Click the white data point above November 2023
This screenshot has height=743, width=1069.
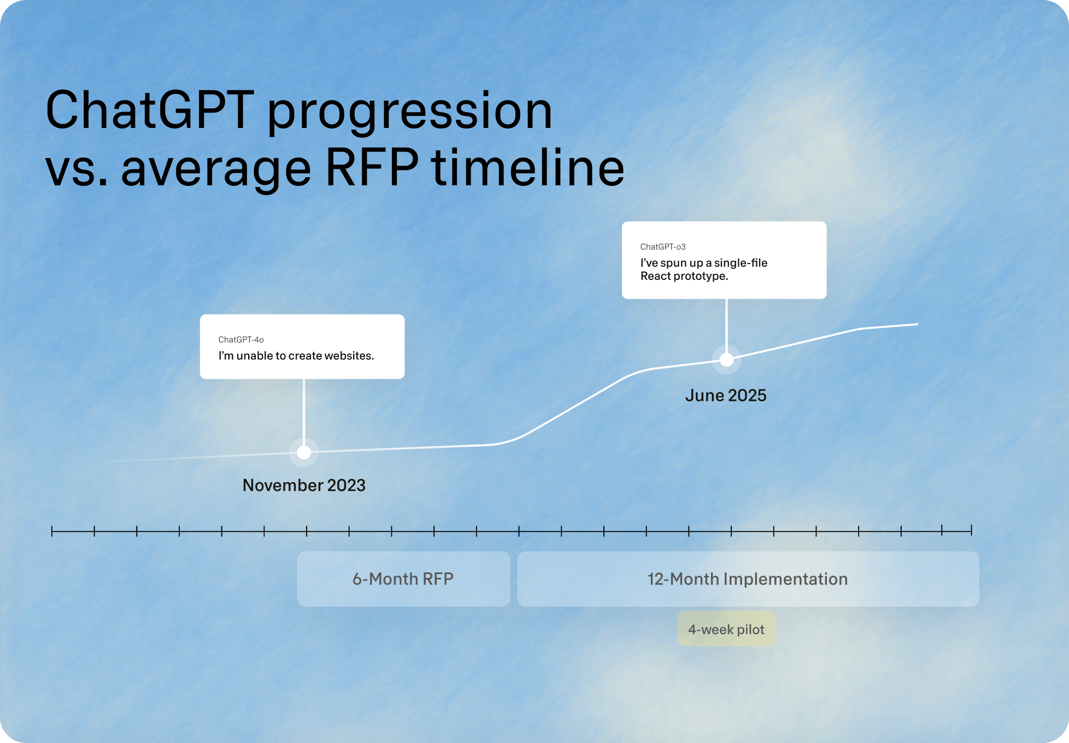304,453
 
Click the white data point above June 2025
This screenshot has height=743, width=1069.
726,360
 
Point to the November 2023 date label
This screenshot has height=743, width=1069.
304,485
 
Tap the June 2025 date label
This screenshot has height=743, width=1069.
726,395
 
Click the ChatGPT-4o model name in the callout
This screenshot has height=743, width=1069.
241,340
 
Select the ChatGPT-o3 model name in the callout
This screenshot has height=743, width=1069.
663,247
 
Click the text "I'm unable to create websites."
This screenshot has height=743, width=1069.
296,355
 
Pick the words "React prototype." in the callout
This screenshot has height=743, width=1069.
684,276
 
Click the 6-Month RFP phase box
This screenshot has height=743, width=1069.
403,578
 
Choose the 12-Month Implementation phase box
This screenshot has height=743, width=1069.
748,578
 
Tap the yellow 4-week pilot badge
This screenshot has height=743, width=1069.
726,629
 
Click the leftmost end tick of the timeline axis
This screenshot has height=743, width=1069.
52,531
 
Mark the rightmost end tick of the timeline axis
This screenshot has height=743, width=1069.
971,530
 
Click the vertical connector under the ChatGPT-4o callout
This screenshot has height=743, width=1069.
304,412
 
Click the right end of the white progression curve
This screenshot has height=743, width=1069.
918,324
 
